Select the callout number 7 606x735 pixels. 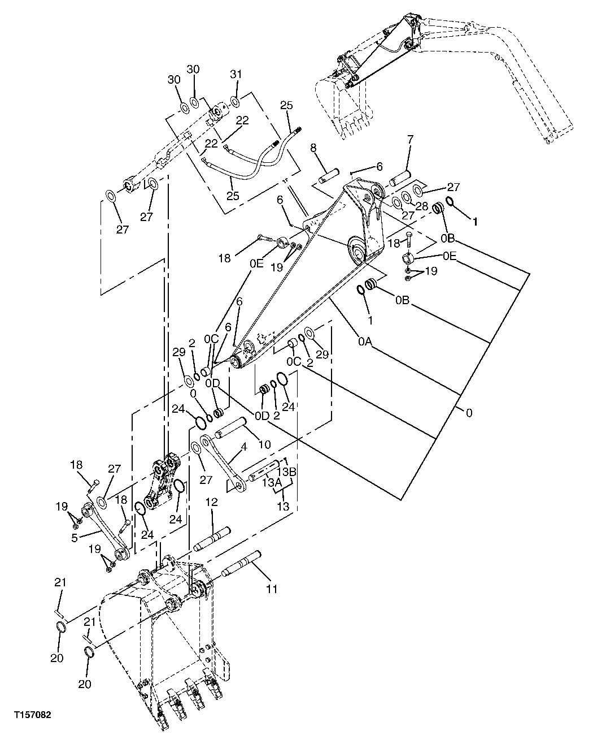point(410,139)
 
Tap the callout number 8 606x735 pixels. point(313,149)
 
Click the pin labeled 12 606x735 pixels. point(212,539)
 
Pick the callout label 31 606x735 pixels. point(236,75)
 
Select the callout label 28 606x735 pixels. point(422,207)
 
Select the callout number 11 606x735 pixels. point(272,589)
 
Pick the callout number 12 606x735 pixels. point(212,502)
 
